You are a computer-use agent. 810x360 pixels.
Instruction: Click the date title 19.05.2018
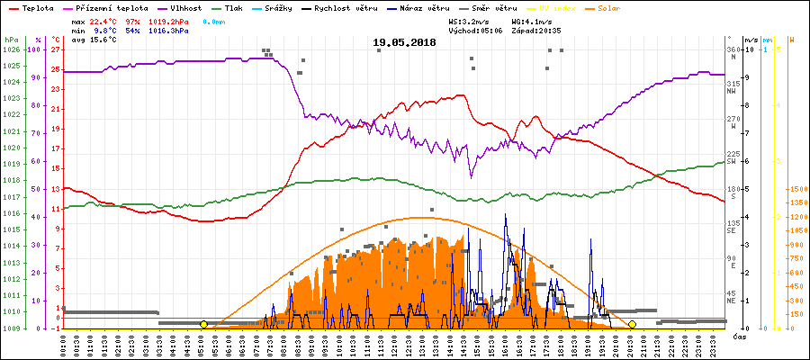tap(405, 42)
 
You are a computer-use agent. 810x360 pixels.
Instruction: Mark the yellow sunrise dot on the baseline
tap(203, 324)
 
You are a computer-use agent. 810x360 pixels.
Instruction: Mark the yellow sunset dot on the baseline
tap(632, 324)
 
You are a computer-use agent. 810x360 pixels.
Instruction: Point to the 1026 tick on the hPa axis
tap(12, 49)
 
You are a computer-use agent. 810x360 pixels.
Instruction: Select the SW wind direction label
tap(733, 161)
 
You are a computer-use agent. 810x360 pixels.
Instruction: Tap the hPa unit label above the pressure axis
tap(11, 40)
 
